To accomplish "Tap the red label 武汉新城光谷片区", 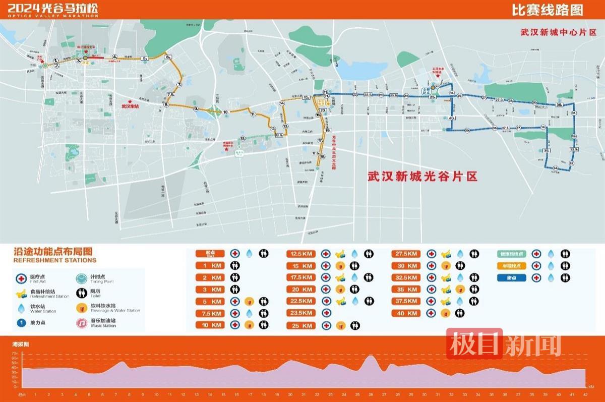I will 422,177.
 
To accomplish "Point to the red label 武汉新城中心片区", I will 559,31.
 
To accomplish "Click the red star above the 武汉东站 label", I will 131,101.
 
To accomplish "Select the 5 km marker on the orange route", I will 145,59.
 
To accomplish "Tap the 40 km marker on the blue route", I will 451,118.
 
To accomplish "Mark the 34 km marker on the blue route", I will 555,168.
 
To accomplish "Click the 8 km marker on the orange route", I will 166,105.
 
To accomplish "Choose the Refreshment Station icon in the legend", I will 21,293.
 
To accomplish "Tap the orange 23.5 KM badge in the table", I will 301,313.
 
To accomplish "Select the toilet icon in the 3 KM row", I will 235,290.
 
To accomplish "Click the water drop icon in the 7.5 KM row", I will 249,313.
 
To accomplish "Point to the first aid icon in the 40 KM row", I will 432,313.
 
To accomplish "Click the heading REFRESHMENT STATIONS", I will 54,260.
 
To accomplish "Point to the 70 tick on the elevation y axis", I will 16,354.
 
